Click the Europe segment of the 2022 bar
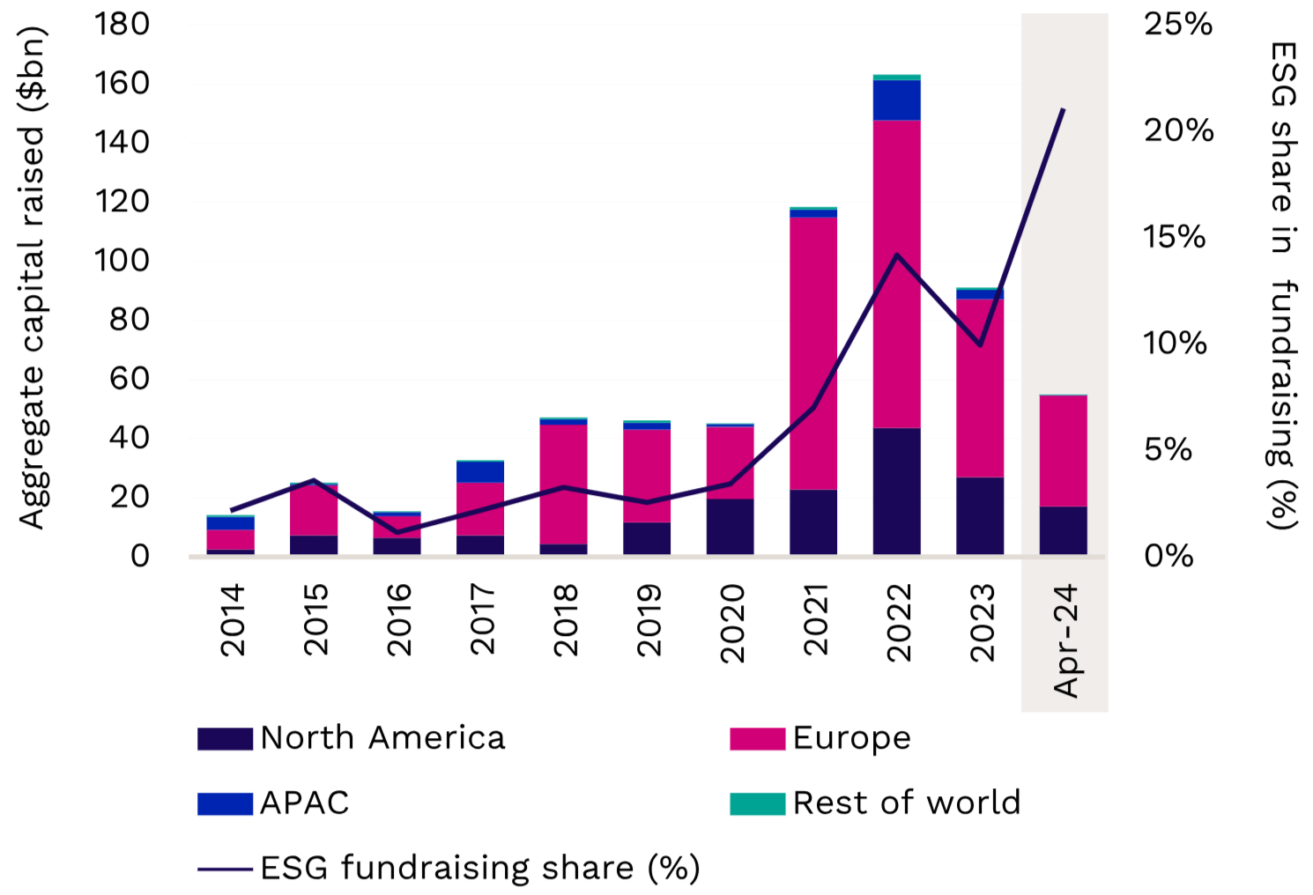(896, 274)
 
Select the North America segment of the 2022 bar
(896, 491)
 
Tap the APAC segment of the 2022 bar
(896, 100)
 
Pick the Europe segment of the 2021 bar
(812, 352)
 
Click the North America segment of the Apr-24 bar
(1063, 530)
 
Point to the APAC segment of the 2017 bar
(480, 471)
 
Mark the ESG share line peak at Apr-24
(1064, 110)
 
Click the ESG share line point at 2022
(896, 255)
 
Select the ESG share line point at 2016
(397, 532)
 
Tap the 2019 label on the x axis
(649, 620)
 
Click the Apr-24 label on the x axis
(1065, 640)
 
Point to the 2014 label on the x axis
(233, 620)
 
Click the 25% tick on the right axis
(1177, 24)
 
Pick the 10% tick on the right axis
(1175, 343)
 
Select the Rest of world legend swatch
(757, 803)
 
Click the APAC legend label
(305, 803)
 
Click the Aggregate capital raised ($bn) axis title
(33, 277)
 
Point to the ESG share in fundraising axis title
(1283, 286)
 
